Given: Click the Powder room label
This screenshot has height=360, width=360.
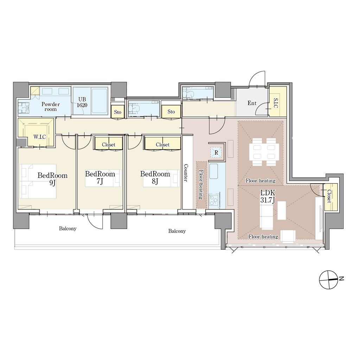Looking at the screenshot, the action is (51, 107).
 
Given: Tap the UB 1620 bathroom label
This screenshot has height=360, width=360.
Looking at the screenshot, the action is (82, 102).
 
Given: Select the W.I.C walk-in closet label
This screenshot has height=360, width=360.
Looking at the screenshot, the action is (40, 137).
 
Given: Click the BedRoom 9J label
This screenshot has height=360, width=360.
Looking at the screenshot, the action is (53, 179).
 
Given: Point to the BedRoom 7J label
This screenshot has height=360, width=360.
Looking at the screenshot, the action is (100, 178).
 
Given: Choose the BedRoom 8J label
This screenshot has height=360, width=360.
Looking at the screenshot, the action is (155, 178).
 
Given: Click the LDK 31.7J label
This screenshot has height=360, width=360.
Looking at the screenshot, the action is (268, 196).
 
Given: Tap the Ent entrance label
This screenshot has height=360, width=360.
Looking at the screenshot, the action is (252, 103).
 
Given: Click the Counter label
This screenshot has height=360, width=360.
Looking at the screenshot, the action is (186, 173).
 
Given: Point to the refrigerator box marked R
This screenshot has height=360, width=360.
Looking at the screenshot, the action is (216, 152).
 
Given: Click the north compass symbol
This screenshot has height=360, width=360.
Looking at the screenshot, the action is (329, 279).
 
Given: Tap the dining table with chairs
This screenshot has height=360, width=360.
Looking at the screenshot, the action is (264, 152).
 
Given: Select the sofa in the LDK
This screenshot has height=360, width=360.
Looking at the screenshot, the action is (266, 217).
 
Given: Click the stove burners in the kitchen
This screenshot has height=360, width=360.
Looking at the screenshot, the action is (214, 200).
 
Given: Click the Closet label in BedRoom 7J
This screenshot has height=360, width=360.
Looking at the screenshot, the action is (109, 144).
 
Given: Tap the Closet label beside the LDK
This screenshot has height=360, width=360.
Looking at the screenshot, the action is (329, 196).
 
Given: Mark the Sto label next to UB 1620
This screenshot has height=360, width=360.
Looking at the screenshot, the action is (117, 112).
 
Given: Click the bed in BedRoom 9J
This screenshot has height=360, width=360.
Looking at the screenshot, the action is (38, 181).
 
